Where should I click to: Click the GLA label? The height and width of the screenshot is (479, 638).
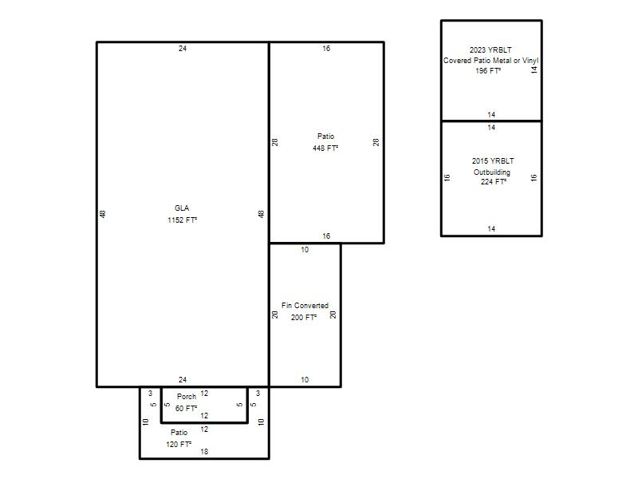[x=182, y=208]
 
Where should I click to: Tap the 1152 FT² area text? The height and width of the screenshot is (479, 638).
[x=183, y=220]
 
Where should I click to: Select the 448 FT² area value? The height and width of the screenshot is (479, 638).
[x=325, y=148]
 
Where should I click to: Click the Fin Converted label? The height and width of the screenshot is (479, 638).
[x=305, y=306]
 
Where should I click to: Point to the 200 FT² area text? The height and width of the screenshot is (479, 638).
[x=304, y=317]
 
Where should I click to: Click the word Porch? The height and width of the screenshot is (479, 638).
[x=187, y=396]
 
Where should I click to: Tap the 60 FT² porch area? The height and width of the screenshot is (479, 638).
[x=187, y=408]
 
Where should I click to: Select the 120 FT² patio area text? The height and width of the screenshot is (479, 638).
[x=179, y=445]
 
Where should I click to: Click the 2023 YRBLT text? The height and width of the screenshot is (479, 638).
[x=490, y=49]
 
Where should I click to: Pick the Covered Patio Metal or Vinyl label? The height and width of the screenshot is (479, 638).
[x=490, y=61]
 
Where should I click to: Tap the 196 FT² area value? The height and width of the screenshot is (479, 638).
[x=488, y=71]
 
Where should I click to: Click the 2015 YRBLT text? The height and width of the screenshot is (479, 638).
[x=493, y=161]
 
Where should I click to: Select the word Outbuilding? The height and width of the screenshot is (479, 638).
[x=492, y=172]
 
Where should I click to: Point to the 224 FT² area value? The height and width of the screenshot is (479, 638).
[x=494, y=182]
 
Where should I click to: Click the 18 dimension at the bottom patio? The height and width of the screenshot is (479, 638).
[x=204, y=451]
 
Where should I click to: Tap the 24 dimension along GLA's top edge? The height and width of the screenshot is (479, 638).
[x=183, y=49]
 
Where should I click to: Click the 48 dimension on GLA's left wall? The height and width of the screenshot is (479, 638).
[x=103, y=214]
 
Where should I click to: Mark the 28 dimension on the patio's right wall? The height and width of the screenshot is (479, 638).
[x=376, y=142]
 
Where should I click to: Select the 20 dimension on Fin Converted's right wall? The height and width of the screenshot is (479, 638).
[x=333, y=315]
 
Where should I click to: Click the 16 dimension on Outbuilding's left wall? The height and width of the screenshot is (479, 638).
[x=447, y=177]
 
